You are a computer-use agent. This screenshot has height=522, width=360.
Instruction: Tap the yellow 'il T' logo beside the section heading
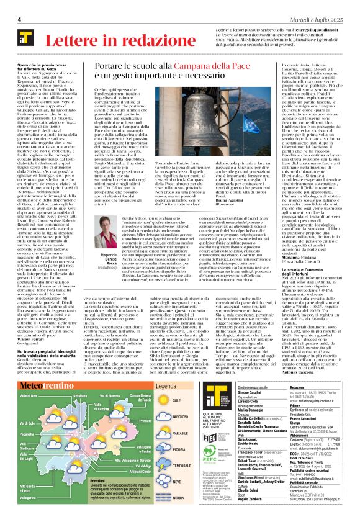[30, 42]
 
